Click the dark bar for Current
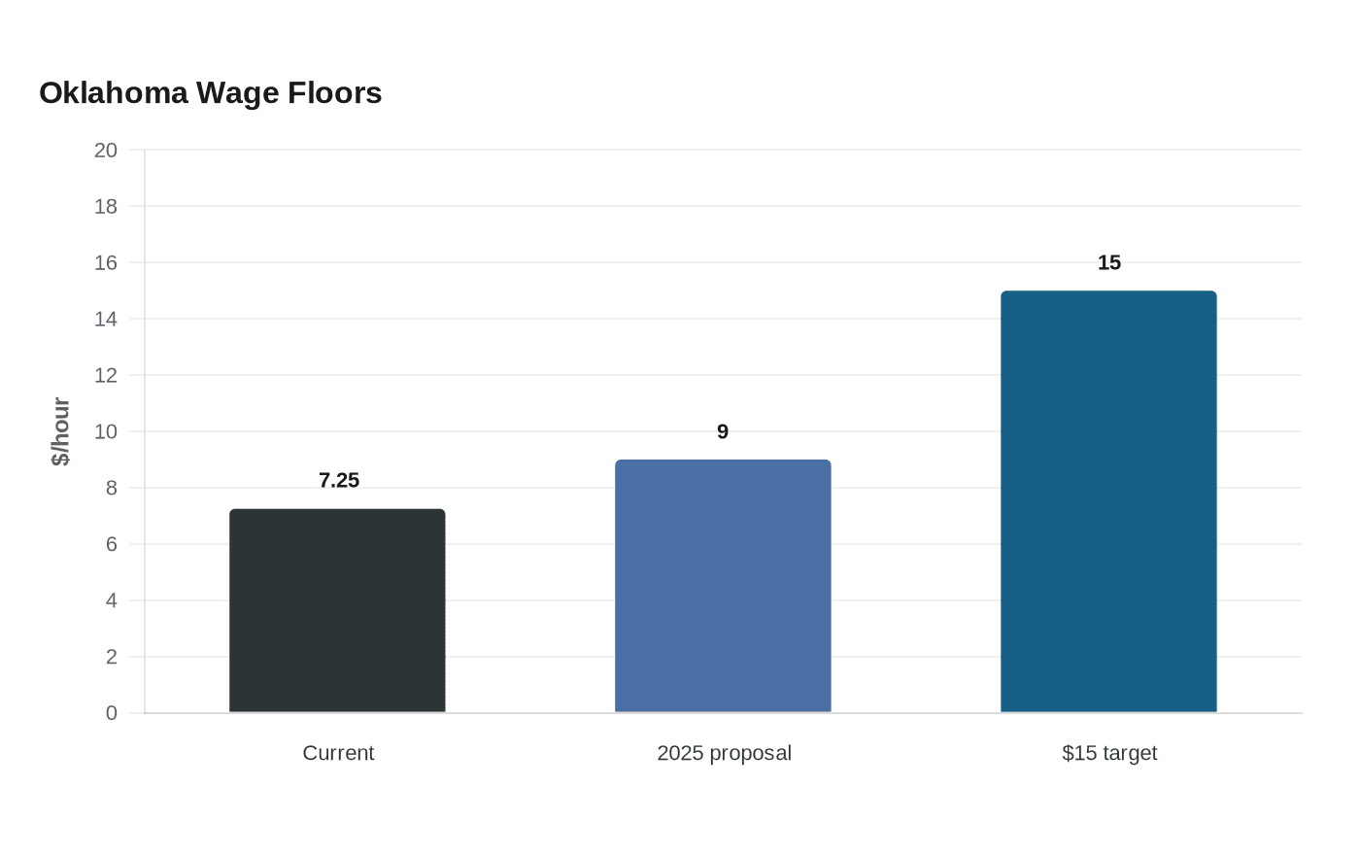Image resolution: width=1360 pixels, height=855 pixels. point(337,610)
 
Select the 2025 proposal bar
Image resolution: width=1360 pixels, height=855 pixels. point(723,586)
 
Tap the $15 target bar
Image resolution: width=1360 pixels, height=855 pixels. point(1108,501)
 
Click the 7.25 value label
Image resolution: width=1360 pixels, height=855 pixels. point(339,480)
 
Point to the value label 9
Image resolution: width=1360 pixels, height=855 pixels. point(723,431)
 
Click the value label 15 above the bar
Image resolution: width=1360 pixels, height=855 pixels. point(1109,263)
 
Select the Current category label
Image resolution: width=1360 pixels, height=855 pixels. point(338,753)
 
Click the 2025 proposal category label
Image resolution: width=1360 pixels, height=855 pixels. point(724,753)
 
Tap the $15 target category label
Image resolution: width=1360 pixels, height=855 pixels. point(1109,753)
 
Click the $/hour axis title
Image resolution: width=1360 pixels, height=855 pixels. point(60,431)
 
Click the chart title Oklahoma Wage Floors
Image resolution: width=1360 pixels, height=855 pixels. point(210,93)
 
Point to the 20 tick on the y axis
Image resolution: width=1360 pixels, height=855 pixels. point(106,150)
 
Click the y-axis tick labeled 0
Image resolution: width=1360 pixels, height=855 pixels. point(112,713)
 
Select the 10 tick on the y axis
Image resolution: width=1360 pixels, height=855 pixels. point(106,431)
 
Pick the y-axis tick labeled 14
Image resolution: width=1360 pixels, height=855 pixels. point(106,319)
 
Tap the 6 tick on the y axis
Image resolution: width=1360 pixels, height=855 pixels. point(112,544)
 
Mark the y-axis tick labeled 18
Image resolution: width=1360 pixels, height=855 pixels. point(106,206)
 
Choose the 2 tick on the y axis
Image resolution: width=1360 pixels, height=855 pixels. point(112,657)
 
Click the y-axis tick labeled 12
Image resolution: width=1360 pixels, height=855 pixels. point(106,375)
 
